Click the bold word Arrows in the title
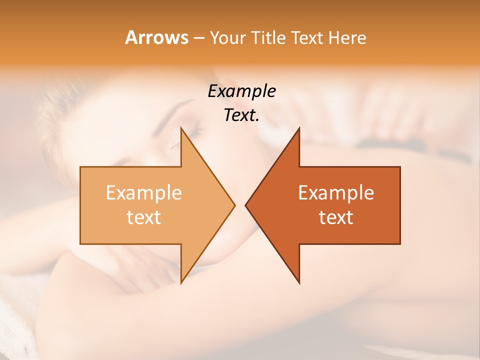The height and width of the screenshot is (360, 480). click(x=156, y=38)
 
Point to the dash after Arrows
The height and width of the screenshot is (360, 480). click(x=198, y=38)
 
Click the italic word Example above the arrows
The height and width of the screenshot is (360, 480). click(x=241, y=91)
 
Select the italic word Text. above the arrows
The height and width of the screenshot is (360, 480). click(x=241, y=115)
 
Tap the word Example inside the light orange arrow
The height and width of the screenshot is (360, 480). click(x=143, y=193)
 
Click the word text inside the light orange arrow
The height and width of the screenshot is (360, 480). click(x=143, y=217)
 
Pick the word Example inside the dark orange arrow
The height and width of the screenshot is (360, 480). click(x=336, y=193)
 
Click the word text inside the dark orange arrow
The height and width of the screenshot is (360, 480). click(x=336, y=217)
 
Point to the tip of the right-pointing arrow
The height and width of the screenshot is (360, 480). click(x=234, y=205)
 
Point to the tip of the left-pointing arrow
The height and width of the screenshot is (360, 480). click(x=246, y=205)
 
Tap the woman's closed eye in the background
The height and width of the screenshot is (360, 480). click(x=192, y=132)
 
